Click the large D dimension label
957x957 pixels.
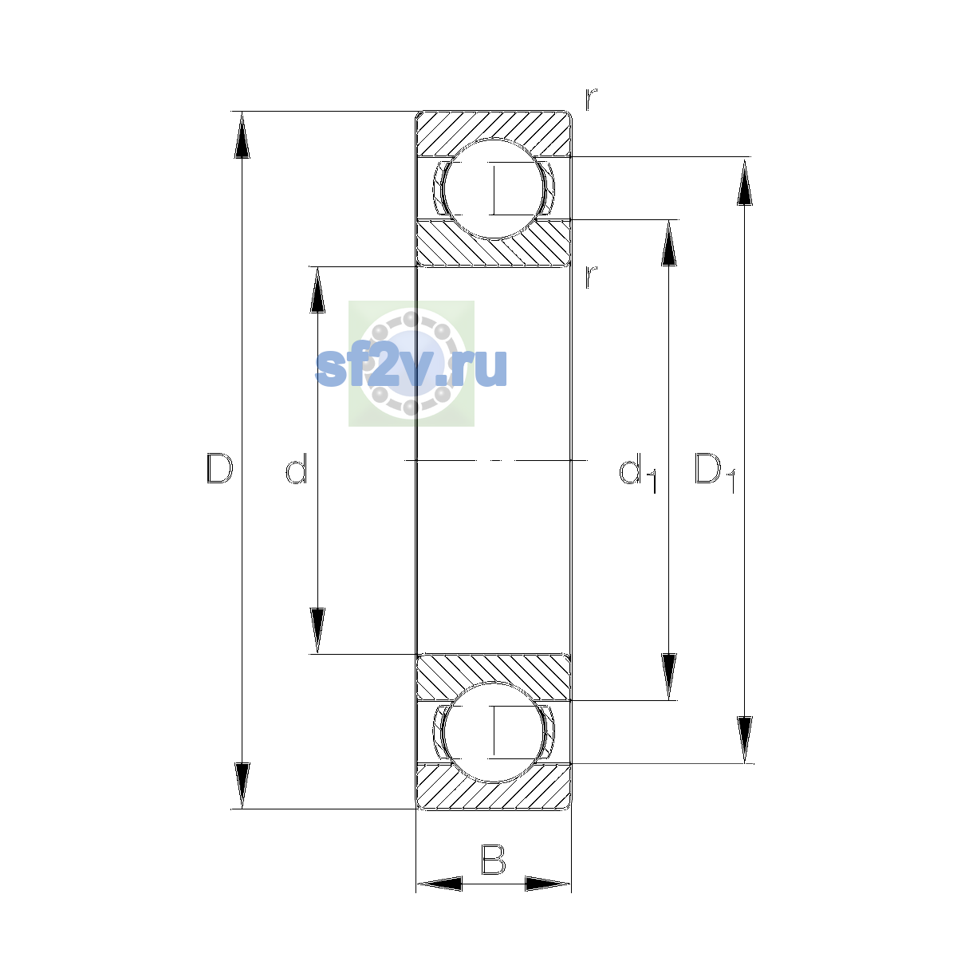[219, 468]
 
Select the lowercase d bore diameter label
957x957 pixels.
[297, 468]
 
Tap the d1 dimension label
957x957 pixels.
[638, 472]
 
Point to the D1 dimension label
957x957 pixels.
[715, 472]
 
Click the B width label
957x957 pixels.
[493, 860]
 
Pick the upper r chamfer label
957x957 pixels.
[590, 100]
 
